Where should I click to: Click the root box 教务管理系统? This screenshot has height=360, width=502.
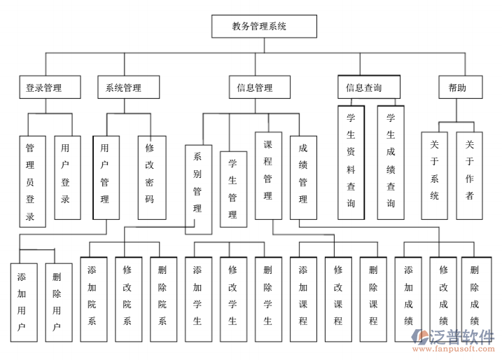[264, 27]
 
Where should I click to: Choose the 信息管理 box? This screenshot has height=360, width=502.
[255, 88]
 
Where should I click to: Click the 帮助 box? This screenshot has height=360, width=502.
[456, 88]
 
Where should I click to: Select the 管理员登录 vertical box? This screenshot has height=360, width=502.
[32, 181]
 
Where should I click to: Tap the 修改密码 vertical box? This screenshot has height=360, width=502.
[151, 177]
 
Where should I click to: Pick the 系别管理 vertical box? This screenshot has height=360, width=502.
[198, 188]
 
